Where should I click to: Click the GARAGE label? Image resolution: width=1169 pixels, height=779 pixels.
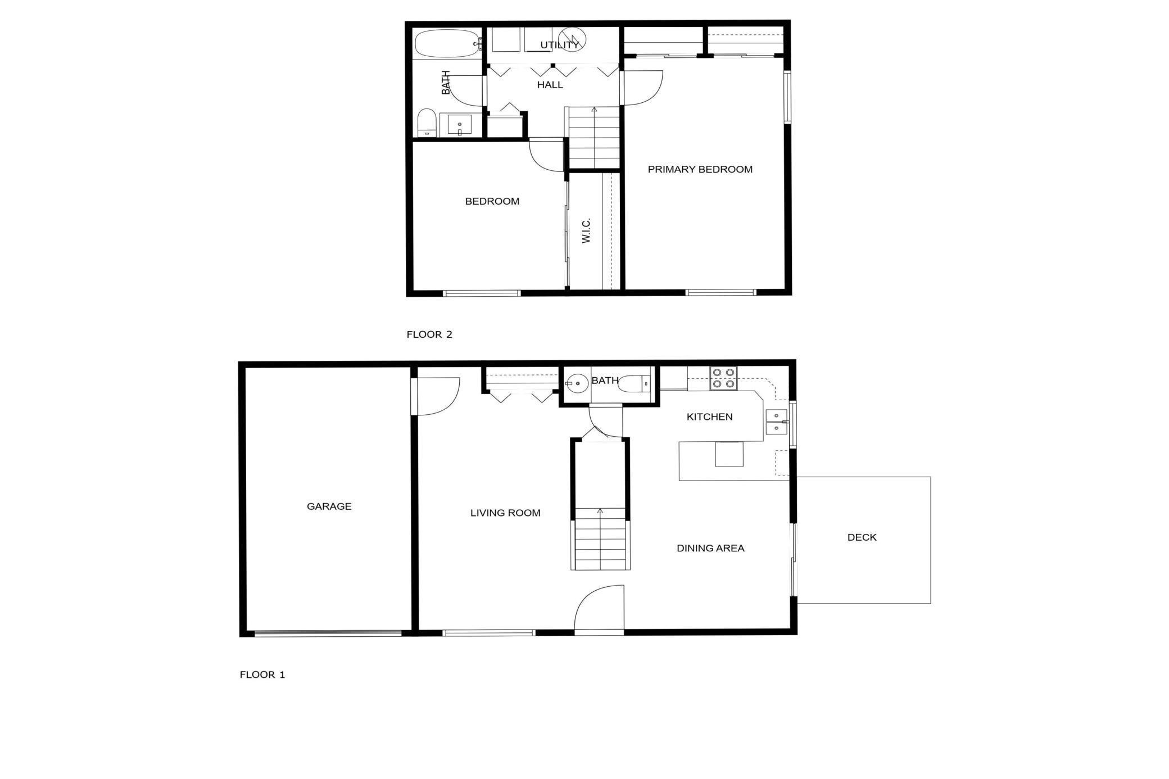point(329,506)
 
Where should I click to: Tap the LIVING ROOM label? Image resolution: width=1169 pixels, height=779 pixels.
point(505,513)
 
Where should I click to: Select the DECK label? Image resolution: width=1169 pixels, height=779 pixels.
point(862,537)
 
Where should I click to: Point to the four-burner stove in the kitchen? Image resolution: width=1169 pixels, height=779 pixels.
point(723,378)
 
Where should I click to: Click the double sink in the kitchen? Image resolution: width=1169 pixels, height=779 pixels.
point(777,422)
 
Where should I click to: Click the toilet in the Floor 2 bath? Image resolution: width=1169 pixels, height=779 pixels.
point(427,123)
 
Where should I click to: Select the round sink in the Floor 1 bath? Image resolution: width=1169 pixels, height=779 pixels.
point(577,384)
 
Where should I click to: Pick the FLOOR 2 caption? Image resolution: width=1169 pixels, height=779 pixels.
point(429,334)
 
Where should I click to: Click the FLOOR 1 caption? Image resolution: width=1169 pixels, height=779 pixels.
point(262,674)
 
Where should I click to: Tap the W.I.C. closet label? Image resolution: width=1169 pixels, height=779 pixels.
point(586,231)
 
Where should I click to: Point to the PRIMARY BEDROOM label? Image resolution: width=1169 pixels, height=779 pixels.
point(700,169)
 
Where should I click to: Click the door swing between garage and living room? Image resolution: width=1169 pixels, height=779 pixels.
point(437,396)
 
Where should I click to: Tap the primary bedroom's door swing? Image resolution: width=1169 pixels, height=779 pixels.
point(643,88)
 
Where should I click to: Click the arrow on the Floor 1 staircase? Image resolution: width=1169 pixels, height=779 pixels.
point(600,511)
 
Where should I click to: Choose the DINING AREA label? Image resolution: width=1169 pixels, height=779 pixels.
point(710,548)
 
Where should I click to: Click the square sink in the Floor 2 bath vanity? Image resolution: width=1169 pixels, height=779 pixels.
point(460,125)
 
